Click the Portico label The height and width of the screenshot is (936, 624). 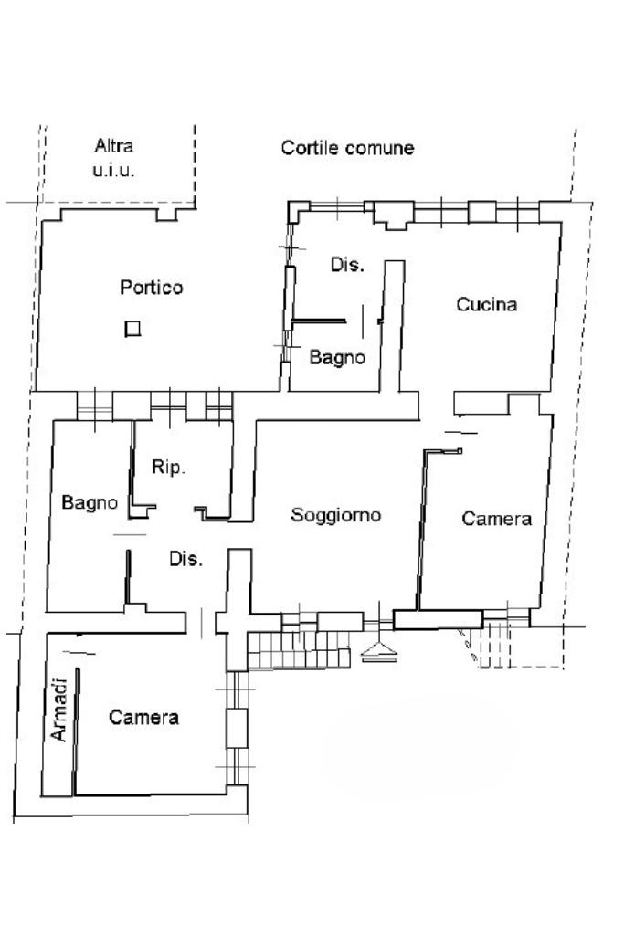click(151, 287)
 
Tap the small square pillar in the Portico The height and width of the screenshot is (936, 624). click(132, 329)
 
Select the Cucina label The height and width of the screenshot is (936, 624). click(486, 304)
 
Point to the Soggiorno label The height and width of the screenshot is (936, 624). click(335, 514)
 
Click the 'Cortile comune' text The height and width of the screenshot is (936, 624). click(347, 147)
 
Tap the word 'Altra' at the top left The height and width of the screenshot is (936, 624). click(113, 145)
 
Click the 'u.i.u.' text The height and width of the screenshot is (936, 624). click(113, 170)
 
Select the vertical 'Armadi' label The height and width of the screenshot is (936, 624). click(58, 710)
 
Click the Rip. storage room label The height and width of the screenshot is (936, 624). click(168, 467)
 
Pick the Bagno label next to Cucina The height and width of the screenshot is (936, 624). click(337, 357)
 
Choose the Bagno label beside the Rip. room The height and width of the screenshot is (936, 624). click(90, 502)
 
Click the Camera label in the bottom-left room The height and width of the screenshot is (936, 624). click(143, 716)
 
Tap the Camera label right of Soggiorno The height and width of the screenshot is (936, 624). click(496, 518)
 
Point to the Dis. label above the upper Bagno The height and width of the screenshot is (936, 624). click(347, 264)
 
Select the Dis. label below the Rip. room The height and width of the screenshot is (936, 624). click(185, 559)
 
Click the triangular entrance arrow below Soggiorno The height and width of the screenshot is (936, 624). click(378, 652)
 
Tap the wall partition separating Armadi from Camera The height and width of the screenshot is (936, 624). click(77, 731)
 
